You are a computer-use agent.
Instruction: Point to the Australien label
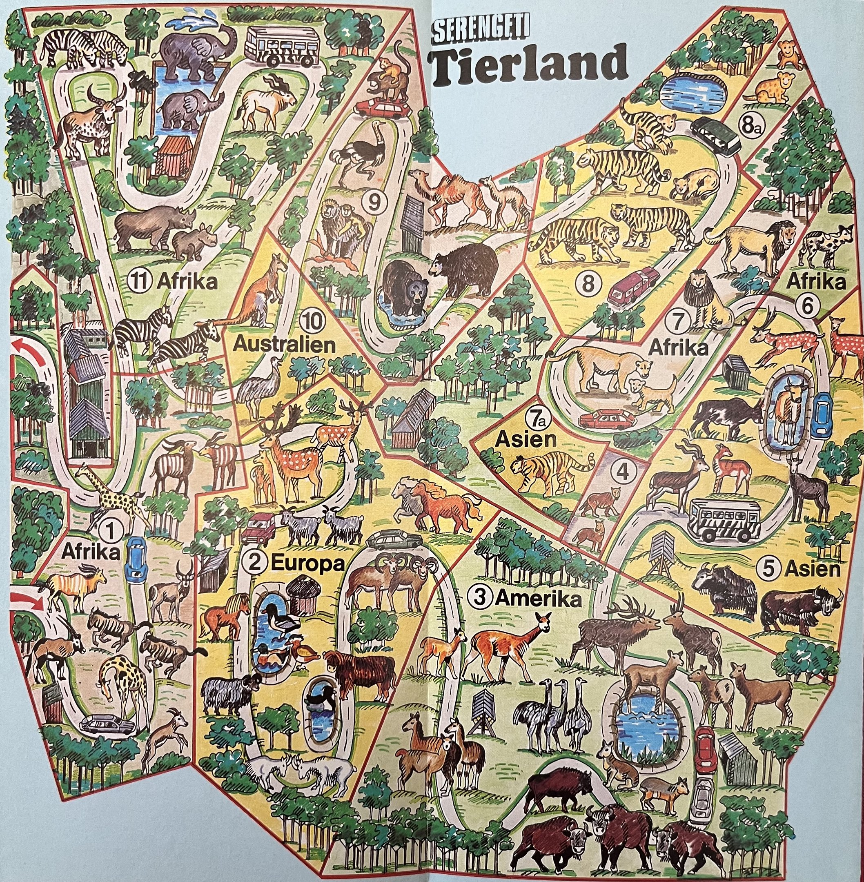pyautogui.click(x=285, y=345)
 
